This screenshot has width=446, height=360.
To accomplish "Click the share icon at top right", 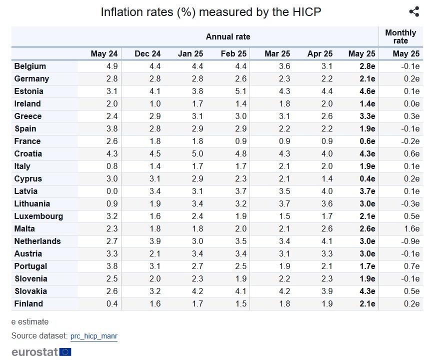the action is pyautogui.click(x=414, y=11).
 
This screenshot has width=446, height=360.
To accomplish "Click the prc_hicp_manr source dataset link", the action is pyautogui.click(x=94, y=336).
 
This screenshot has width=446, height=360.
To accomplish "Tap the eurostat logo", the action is pyautogui.click(x=41, y=352).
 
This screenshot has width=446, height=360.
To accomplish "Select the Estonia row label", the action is pyautogui.click(x=28, y=91).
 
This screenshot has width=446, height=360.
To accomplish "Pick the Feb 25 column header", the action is pyautogui.click(x=233, y=53).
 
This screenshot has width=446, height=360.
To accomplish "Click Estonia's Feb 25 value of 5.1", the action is pyautogui.click(x=240, y=91).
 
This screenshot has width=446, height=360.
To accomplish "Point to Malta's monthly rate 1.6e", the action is pyautogui.click(x=411, y=229).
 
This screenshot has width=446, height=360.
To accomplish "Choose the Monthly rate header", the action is pyautogui.click(x=400, y=36).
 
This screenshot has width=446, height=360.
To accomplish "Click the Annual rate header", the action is pyautogui.click(x=228, y=36).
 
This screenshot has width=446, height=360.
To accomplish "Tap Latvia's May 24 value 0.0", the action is pyautogui.click(x=112, y=191).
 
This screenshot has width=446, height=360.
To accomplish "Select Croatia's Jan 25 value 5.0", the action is pyautogui.click(x=197, y=154).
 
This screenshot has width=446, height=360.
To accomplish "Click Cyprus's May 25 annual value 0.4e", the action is pyautogui.click(x=367, y=179).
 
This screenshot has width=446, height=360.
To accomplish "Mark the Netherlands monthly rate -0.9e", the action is pyautogui.click(x=410, y=241).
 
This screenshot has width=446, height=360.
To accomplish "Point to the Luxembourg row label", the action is pyautogui.click(x=38, y=216).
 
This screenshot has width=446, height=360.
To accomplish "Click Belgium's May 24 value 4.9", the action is pyautogui.click(x=112, y=66).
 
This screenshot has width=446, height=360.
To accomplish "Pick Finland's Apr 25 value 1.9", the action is pyautogui.click(x=327, y=304).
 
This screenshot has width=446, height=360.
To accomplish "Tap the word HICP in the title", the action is pyautogui.click(x=306, y=12).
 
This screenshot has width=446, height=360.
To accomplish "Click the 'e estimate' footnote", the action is pyautogui.click(x=30, y=322).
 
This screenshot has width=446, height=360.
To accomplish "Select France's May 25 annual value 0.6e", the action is pyautogui.click(x=367, y=141).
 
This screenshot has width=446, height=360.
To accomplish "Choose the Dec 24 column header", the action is pyautogui.click(x=147, y=53).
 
